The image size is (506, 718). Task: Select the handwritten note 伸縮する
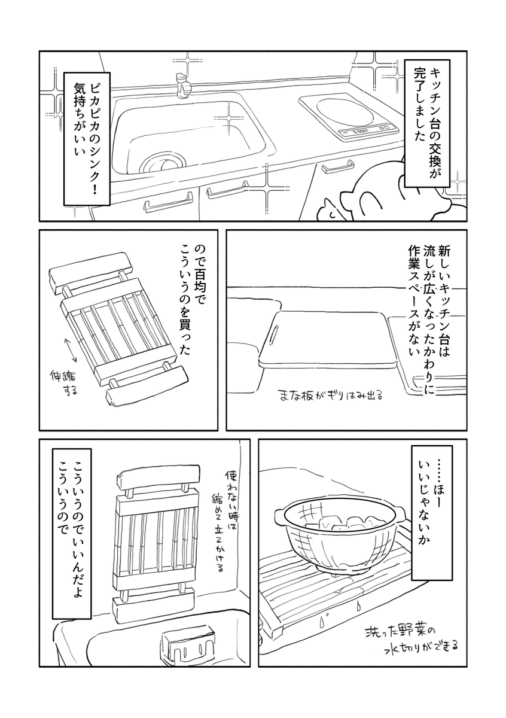64,385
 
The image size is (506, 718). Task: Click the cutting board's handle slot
275,333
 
